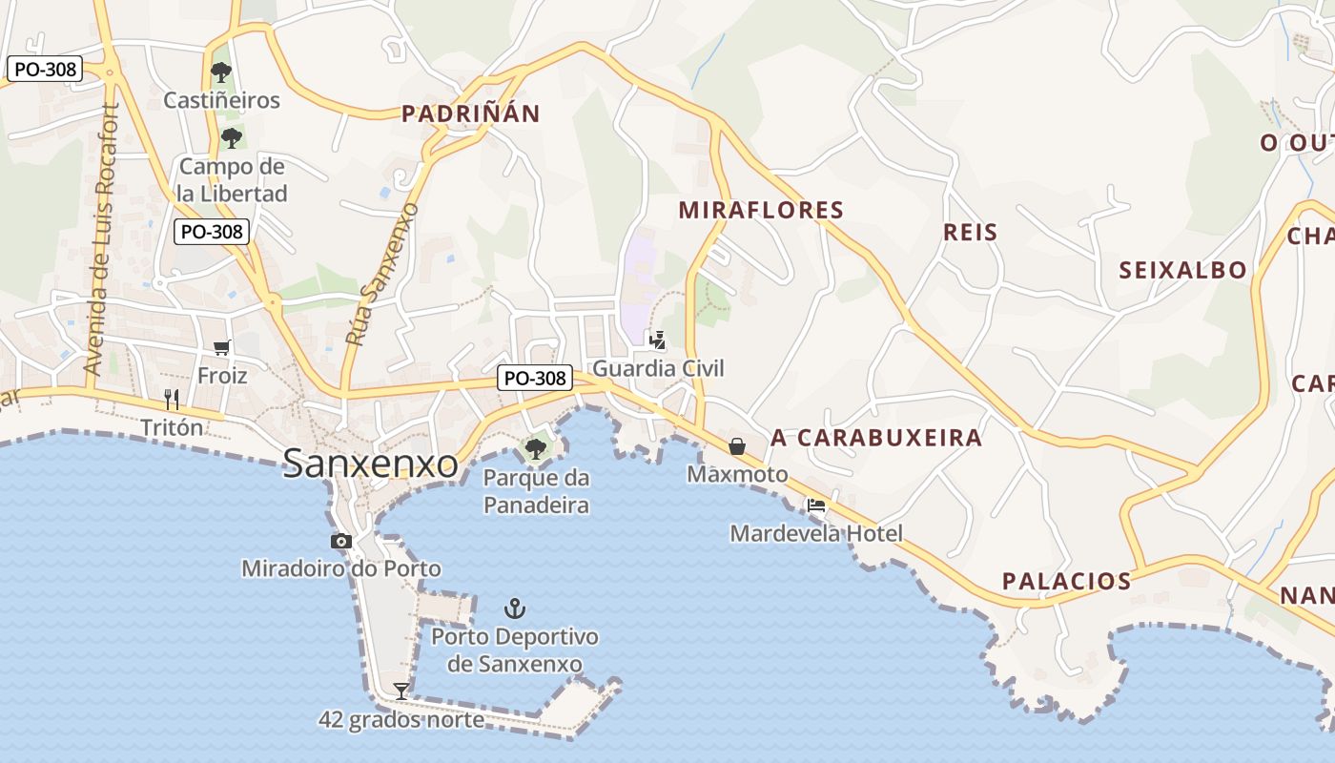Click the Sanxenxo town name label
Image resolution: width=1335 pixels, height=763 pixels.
point(371,464)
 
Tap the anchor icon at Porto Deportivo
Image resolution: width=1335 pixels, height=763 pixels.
point(515,608)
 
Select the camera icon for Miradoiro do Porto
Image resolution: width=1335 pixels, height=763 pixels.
point(340,542)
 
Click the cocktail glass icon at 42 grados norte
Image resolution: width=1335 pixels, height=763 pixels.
point(401,691)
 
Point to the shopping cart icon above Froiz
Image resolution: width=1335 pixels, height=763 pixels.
point(222,348)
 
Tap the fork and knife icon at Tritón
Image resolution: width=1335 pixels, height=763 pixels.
point(172,399)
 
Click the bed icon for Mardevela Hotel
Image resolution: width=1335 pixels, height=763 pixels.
point(815,505)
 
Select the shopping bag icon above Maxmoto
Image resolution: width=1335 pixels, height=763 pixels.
point(737,445)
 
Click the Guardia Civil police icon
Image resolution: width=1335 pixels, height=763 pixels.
point(657,340)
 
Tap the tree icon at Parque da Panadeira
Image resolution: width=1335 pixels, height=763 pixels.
point(535,448)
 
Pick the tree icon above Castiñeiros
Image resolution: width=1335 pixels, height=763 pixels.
point(221,72)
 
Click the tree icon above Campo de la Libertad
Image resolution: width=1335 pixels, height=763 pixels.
point(231,138)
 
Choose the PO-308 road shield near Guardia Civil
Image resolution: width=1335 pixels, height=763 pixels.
point(535,378)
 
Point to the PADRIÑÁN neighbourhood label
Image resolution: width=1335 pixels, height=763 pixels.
point(471,114)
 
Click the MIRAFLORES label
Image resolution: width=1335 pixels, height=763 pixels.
point(761,210)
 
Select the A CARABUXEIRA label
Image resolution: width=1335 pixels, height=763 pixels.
point(876,438)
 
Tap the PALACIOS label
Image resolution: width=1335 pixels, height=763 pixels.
point(1066,581)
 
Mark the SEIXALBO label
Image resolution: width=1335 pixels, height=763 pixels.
point(1182,270)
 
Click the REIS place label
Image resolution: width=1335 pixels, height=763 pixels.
point(970,232)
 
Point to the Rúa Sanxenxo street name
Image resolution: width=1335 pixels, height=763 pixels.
point(381,274)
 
